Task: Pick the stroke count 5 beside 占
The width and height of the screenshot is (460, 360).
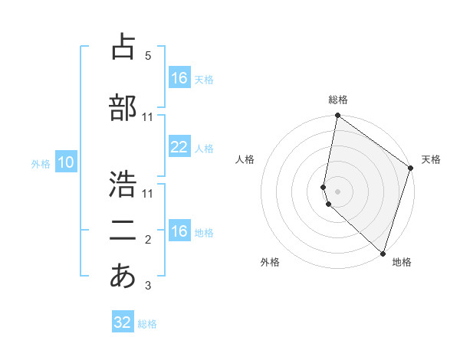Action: pos(147,56)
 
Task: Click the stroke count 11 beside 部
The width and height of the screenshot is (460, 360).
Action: pos(148,117)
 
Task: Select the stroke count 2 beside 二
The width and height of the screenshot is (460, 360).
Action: pos(147,241)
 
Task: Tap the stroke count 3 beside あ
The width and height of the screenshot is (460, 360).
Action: pos(147,286)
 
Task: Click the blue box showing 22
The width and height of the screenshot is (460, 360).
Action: pos(179,148)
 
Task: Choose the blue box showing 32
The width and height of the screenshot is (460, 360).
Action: pos(123,322)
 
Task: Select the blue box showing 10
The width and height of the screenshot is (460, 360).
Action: pos(66,162)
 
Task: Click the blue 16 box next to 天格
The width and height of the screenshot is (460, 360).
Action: pos(179,78)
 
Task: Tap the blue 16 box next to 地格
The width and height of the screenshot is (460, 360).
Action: pos(179,231)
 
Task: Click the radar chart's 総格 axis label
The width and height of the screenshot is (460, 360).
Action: pos(338,100)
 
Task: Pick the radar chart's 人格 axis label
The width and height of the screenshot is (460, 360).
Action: pos(245,159)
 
